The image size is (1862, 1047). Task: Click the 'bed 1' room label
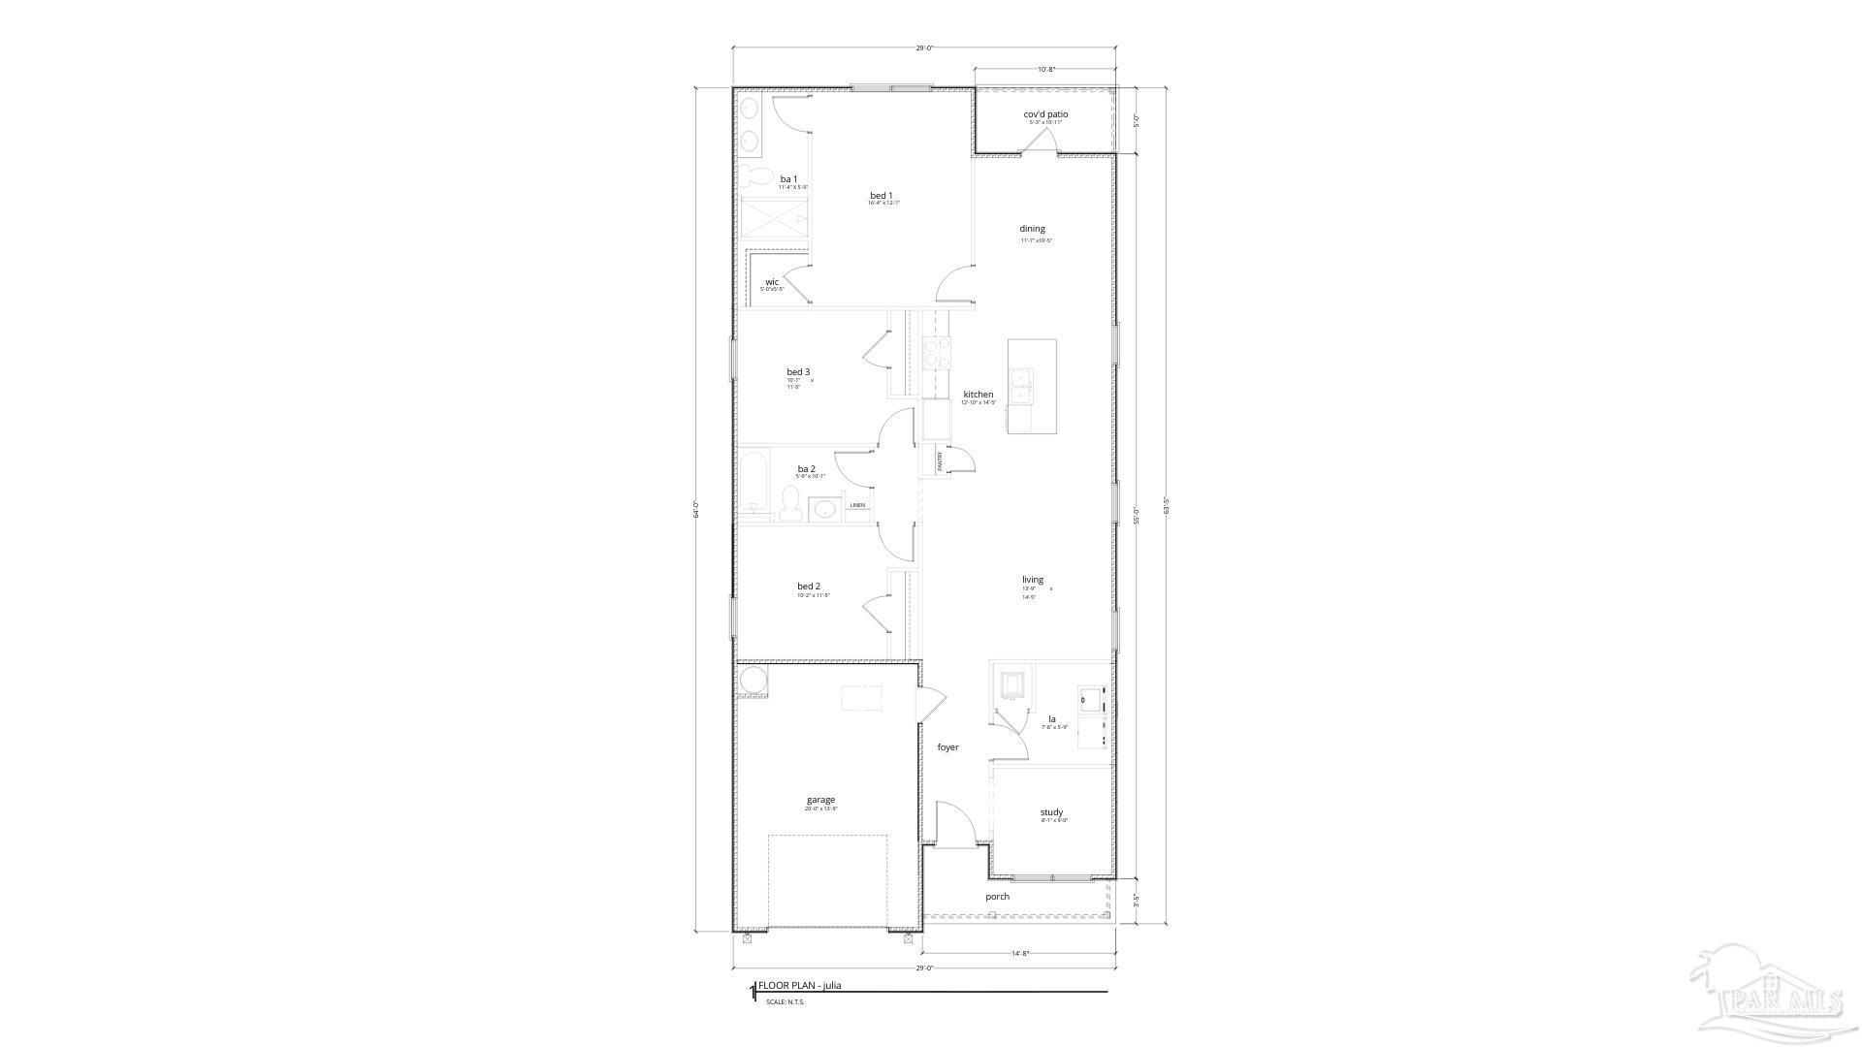pyautogui.click(x=881, y=196)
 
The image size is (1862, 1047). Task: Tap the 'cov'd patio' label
pyautogui.click(x=1045, y=114)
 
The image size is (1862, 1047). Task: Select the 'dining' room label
pyautogui.click(x=1032, y=229)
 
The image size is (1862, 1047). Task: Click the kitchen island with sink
pyautogui.click(x=1032, y=386)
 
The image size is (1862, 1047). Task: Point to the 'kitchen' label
pyautogui.click(x=978, y=395)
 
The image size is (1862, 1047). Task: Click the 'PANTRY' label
pyautogui.click(x=940, y=460)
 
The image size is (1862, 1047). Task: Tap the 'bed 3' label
pyautogui.click(x=798, y=371)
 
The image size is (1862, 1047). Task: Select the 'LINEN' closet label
pyautogui.click(x=857, y=505)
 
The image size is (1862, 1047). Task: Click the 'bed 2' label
pyautogui.click(x=809, y=586)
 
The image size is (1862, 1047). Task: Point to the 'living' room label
pyautogui.click(x=1032, y=580)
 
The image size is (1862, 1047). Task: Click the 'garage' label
pyautogui.click(x=820, y=800)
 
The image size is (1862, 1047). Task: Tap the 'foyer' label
pyautogui.click(x=947, y=747)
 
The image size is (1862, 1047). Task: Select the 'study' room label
pyautogui.click(x=1051, y=812)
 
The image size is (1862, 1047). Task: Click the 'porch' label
pyautogui.click(x=997, y=897)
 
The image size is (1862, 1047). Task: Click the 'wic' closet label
pyautogui.click(x=772, y=282)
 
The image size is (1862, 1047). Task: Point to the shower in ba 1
pyautogui.click(x=774, y=220)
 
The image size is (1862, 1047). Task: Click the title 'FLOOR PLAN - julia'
pyautogui.click(x=799, y=986)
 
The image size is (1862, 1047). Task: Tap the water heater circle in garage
pyautogui.click(x=752, y=681)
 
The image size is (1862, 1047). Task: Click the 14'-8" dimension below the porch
pyautogui.click(x=1019, y=954)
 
